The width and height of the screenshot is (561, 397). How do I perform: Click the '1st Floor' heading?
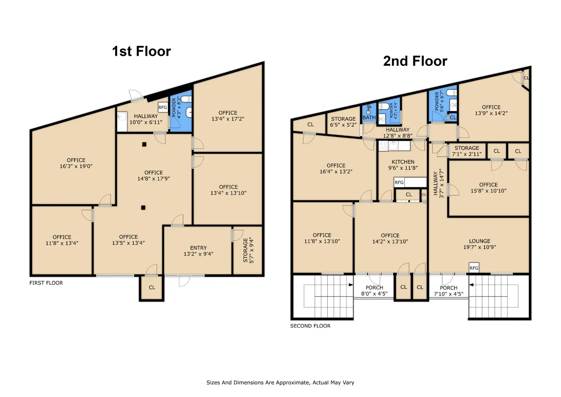142,51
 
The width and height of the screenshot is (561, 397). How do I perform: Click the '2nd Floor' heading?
415,61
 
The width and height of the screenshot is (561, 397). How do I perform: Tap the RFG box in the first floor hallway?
163,107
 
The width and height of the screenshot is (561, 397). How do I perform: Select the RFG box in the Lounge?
474,268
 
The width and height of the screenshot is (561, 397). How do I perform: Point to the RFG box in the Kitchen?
399,182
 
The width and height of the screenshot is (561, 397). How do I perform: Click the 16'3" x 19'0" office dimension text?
76,166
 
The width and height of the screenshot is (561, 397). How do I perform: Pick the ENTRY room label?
198,248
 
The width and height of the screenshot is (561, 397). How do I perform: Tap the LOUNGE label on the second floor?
480,241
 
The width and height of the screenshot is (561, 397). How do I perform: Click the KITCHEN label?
403,162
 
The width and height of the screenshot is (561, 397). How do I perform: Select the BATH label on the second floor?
369,117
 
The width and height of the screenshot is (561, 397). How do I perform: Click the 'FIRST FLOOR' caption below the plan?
46,283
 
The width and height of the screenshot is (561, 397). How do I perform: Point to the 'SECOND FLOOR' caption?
310,326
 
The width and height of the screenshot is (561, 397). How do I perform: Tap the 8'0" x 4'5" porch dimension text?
374,294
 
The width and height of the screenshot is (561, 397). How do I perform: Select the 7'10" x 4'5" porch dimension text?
448,294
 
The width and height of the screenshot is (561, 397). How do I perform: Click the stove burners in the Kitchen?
383,146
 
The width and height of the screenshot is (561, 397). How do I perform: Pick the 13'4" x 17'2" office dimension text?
228,119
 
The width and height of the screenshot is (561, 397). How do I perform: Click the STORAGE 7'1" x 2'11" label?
467,151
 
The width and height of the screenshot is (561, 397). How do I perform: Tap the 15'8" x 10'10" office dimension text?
488,191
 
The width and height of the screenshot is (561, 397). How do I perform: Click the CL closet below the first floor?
152,287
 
